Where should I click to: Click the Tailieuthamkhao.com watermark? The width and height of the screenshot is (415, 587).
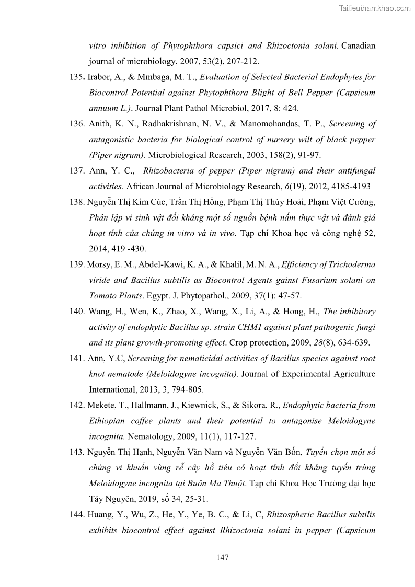pyautogui.click(x=375, y=8)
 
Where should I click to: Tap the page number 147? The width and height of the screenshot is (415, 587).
pyautogui.click(x=222, y=557)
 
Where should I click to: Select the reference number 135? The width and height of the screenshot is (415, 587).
pyautogui.click(x=77, y=77)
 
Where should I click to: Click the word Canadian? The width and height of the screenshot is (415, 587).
pyautogui.click(x=358, y=45)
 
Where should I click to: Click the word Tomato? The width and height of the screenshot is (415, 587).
pyautogui.click(x=102, y=296)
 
